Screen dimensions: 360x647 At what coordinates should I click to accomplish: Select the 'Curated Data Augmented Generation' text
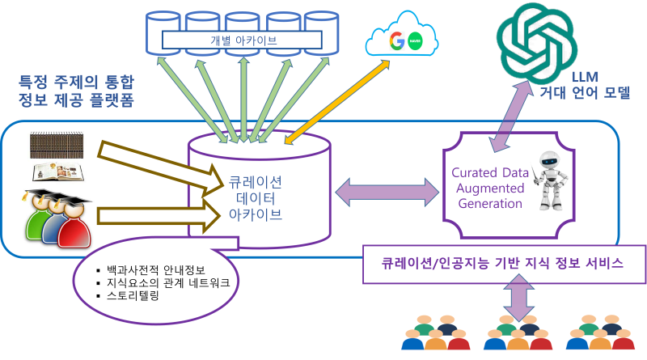point(491,188)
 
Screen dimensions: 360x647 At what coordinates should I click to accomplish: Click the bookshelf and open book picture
point(57,155)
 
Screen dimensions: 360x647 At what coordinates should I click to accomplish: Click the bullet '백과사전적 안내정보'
point(153,269)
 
